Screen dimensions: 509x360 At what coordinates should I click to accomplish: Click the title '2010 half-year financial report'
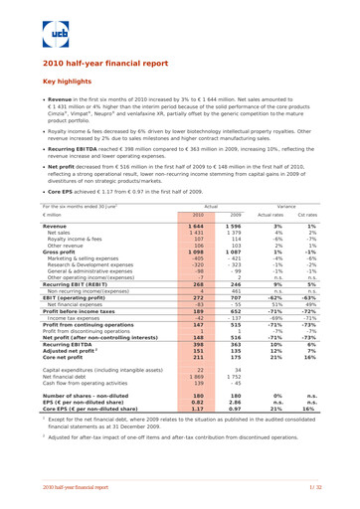click(x=103, y=63)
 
